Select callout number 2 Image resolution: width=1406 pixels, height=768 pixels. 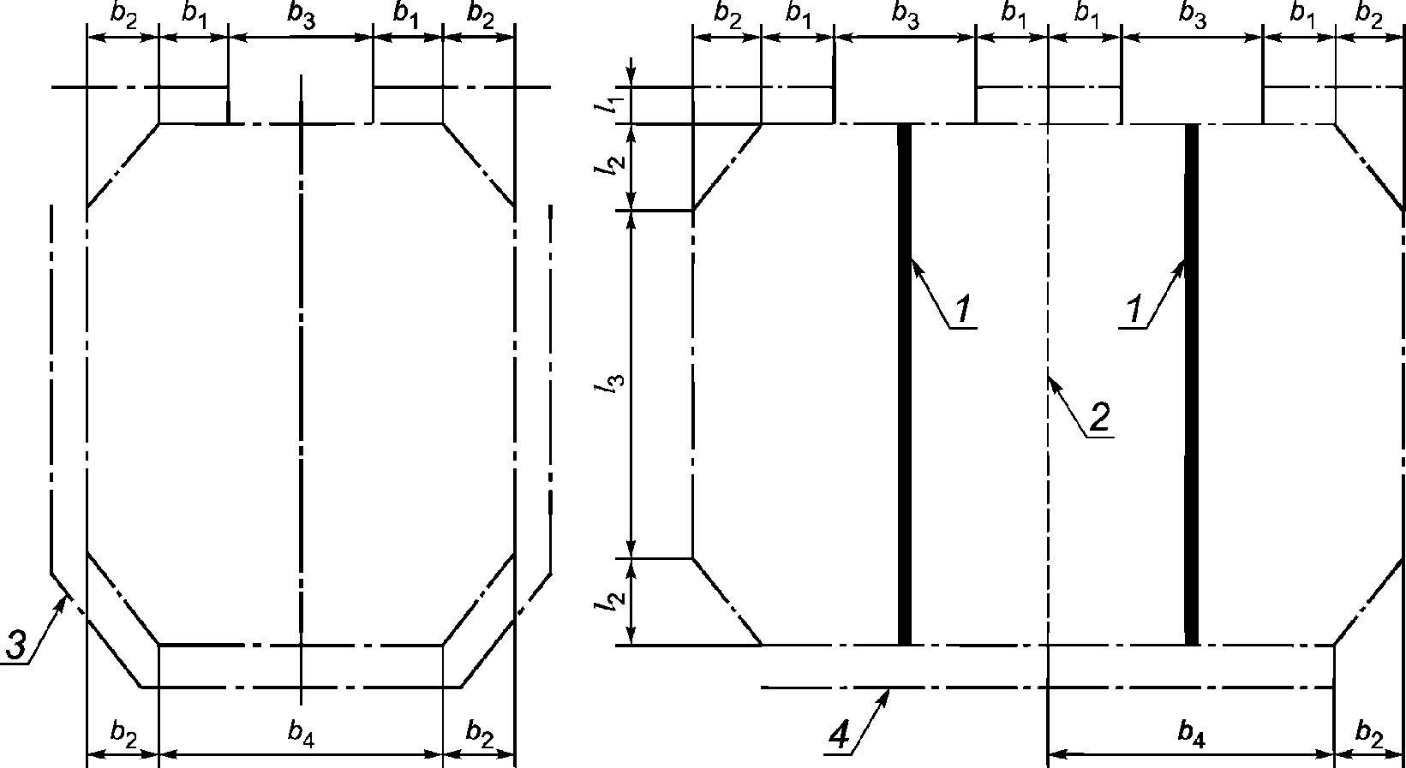point(1098,417)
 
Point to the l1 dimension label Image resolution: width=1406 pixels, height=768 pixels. point(607,105)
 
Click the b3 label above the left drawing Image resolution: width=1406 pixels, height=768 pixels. point(301,20)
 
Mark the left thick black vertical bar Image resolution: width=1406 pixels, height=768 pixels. point(903,385)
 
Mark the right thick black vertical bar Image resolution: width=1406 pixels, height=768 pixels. point(1191,385)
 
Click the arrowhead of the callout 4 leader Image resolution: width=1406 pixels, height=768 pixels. point(888,692)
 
